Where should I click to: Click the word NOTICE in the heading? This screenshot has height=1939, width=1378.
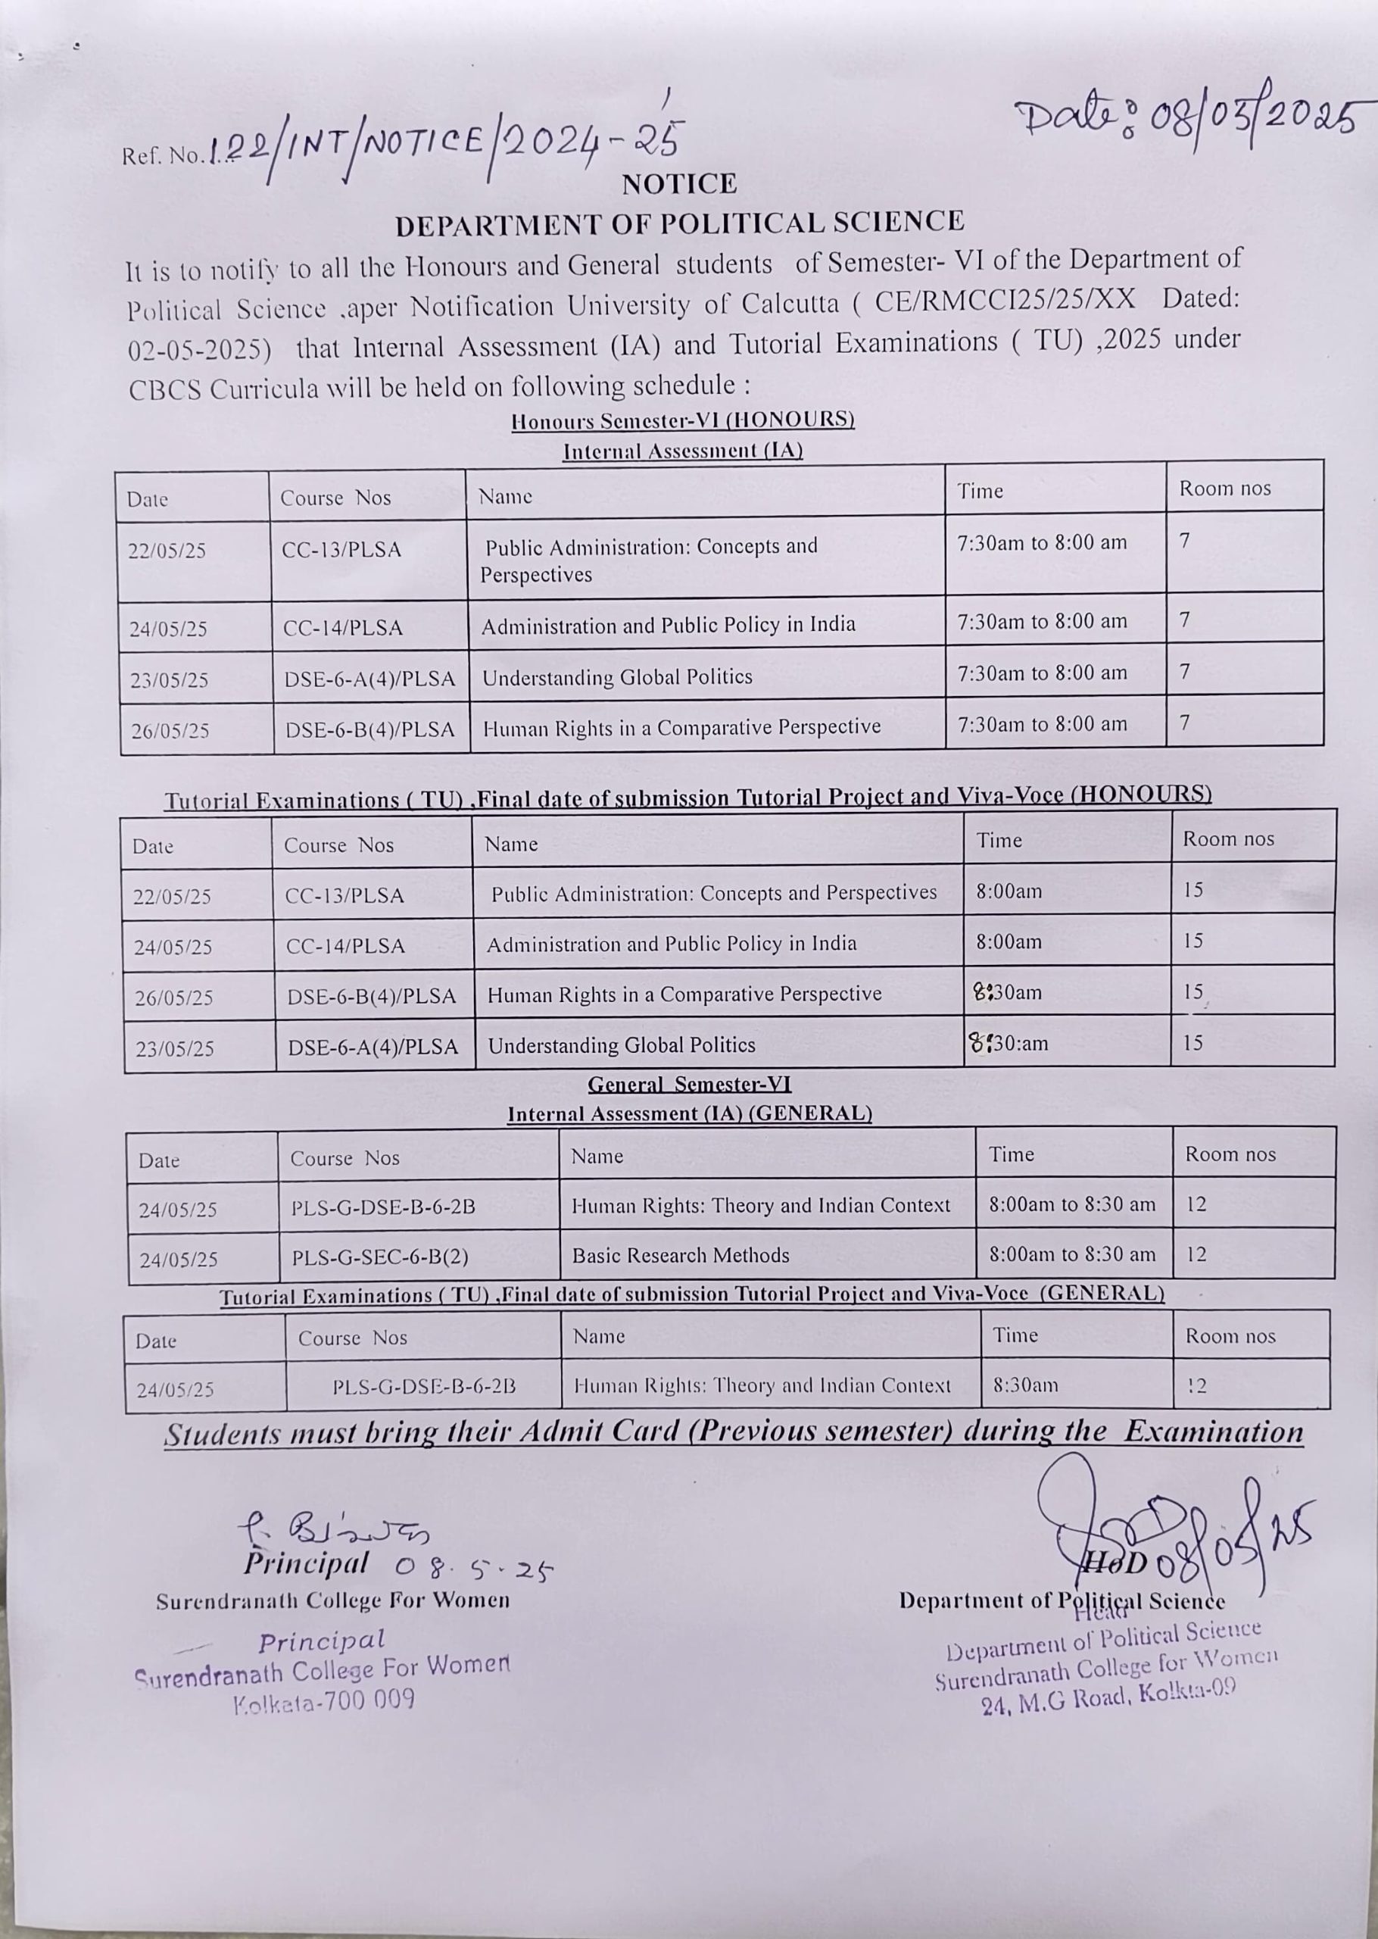pyautogui.click(x=680, y=184)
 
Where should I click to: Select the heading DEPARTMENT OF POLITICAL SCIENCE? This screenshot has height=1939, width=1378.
pyautogui.click(x=680, y=223)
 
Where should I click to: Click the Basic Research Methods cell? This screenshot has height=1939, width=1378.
pyautogui.click(x=681, y=1255)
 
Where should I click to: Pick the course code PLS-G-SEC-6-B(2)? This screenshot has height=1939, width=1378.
pyautogui.click(x=380, y=1257)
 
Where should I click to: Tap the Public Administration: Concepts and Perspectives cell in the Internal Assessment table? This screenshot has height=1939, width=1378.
pyautogui.click(x=650, y=560)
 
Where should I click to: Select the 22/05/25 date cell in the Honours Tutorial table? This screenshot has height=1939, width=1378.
pyautogui.click(x=173, y=896)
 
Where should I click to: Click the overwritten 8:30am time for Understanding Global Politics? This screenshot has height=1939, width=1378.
pyautogui.click(x=1008, y=1043)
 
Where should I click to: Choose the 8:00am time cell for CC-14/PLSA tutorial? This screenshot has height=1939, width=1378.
pyautogui.click(x=1009, y=942)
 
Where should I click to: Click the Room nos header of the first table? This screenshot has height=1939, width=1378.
pyautogui.click(x=1224, y=488)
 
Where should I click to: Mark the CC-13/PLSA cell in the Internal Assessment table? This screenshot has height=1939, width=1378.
pyautogui.click(x=341, y=550)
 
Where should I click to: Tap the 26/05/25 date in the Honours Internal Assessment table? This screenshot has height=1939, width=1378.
pyautogui.click(x=170, y=731)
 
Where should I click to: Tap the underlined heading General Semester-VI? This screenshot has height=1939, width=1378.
pyautogui.click(x=689, y=1085)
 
